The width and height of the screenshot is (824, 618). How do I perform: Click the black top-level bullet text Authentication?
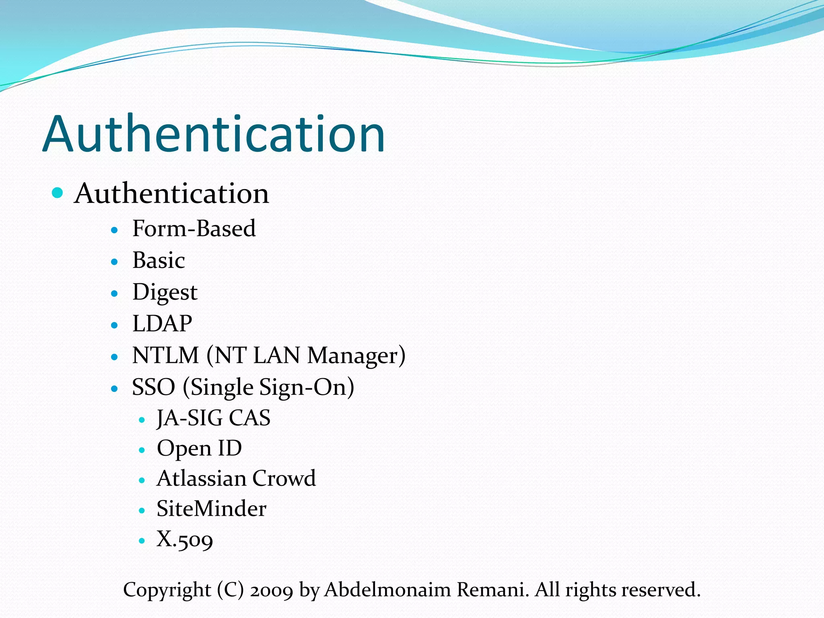[171, 194]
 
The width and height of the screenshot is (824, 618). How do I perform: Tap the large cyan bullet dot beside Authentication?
[58, 193]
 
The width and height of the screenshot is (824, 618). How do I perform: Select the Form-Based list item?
[194, 229]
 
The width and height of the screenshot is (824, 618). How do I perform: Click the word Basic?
[159, 260]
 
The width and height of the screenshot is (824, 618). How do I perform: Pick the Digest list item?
[165, 293]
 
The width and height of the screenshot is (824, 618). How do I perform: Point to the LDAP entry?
[162, 323]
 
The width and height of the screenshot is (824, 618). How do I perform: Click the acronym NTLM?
[165, 356]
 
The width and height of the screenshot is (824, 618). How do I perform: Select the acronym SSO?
[153, 387]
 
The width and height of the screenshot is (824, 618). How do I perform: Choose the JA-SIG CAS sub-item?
[213, 418]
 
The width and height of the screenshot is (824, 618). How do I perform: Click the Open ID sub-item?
[199, 449]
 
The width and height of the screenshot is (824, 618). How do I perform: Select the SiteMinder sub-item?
[211, 509]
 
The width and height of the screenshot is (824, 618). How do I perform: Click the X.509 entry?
[185, 540]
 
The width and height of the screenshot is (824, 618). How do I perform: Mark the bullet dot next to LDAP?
[115, 325]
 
